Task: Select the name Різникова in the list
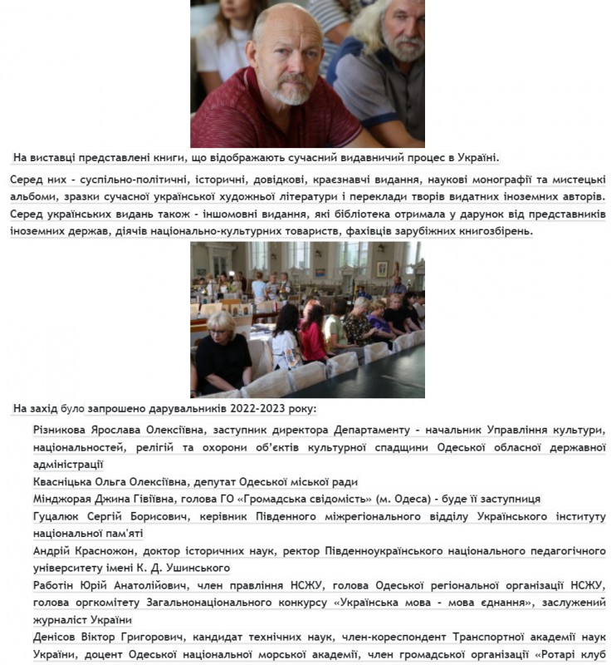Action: point(66,431)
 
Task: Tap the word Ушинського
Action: point(198,569)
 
